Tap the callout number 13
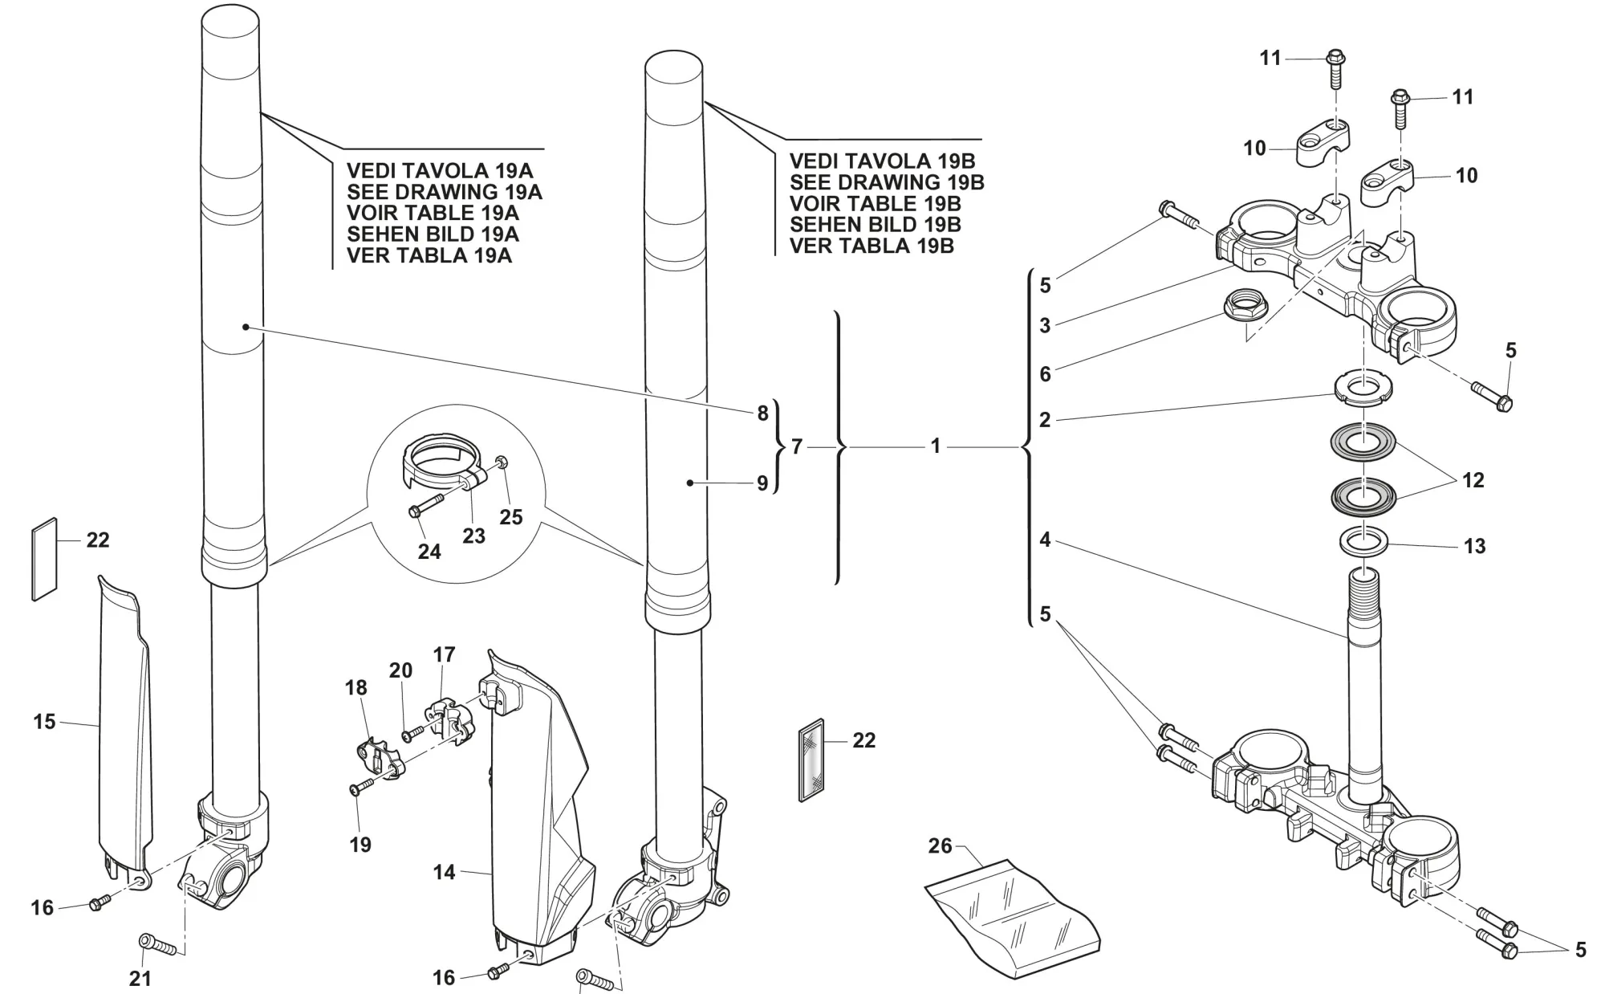click(1474, 547)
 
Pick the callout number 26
click(940, 845)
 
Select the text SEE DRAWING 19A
click(444, 192)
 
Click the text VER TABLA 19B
click(872, 246)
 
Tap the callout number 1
click(935, 446)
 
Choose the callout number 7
click(796, 446)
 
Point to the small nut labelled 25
click(501, 462)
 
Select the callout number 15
click(44, 722)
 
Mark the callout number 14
click(444, 872)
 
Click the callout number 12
click(1473, 480)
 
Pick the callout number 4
click(1044, 540)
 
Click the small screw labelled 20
click(415, 731)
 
